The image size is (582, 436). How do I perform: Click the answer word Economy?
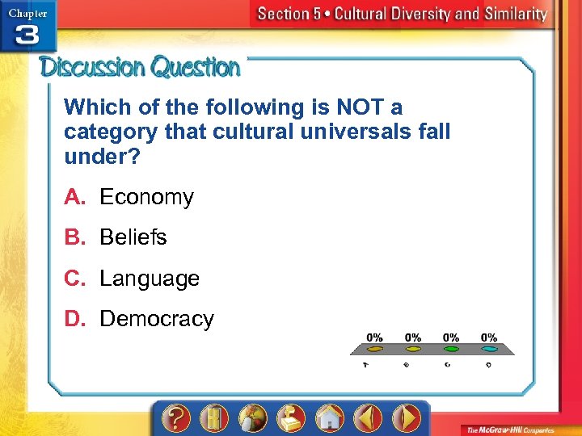(146, 198)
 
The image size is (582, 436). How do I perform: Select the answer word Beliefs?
(133, 238)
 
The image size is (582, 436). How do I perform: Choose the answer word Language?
(149, 279)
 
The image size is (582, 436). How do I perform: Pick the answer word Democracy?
(156, 320)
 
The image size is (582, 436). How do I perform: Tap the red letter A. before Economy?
(75, 197)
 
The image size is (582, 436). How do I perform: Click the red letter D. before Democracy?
(75, 319)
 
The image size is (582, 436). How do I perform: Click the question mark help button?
(176, 417)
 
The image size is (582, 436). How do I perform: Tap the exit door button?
(213, 417)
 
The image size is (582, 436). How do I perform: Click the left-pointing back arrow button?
(369, 417)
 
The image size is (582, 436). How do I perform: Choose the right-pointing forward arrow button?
(407, 417)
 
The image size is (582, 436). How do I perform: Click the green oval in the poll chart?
(452, 350)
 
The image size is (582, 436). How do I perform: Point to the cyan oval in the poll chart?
(489, 350)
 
